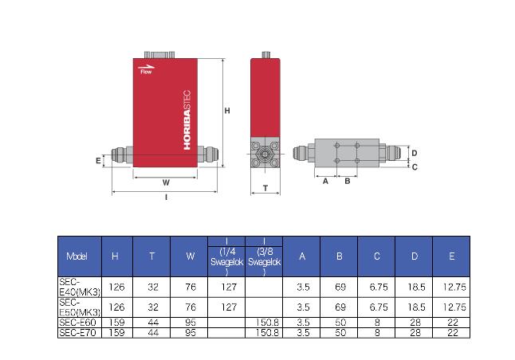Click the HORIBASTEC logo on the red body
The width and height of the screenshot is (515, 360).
(187, 119)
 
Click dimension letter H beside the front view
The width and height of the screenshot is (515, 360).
(227, 111)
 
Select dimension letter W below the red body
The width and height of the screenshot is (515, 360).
(166, 183)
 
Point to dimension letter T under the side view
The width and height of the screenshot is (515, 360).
(265, 188)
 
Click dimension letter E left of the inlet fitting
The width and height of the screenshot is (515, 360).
(98, 161)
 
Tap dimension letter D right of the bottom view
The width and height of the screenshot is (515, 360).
(415, 153)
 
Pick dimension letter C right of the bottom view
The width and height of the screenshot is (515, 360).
(415, 167)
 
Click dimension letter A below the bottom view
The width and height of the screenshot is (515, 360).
(325, 181)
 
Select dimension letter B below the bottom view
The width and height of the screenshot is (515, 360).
(348, 181)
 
